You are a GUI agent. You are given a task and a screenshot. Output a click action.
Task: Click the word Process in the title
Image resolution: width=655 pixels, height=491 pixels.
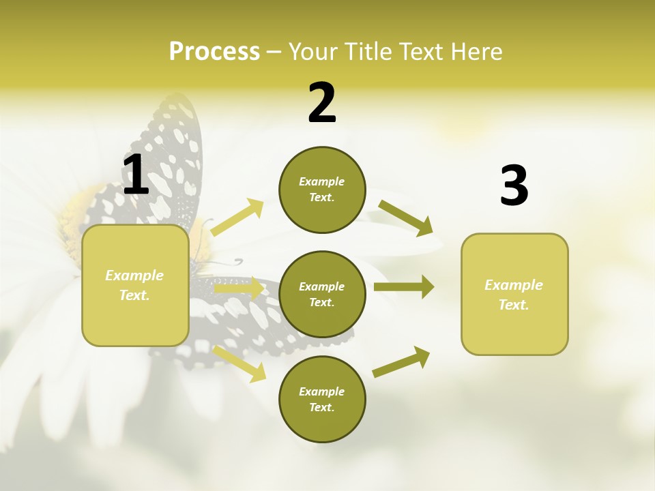(x=214, y=51)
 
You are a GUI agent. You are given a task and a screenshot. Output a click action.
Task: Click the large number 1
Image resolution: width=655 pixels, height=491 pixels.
(x=136, y=175)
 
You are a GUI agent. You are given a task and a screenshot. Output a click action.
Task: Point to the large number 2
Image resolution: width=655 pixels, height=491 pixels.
(x=322, y=104)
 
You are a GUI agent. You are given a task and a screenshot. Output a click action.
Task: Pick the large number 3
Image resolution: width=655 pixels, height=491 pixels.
(x=514, y=186)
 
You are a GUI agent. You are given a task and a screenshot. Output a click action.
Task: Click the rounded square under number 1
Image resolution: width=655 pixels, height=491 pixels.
(x=135, y=285)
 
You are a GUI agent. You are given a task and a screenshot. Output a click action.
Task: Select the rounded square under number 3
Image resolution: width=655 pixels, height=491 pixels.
(x=514, y=294)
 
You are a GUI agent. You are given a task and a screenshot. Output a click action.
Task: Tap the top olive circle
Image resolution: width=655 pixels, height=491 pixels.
(x=322, y=190)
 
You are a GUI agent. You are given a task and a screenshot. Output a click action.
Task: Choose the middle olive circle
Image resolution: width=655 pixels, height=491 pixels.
(x=322, y=294)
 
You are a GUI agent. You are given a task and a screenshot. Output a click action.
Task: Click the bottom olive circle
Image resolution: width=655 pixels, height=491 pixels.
(x=322, y=399)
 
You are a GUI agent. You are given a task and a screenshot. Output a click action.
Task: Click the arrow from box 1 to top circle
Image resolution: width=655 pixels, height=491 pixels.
(x=237, y=218)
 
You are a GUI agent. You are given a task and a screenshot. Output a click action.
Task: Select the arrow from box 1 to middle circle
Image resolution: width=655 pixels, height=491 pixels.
(x=239, y=288)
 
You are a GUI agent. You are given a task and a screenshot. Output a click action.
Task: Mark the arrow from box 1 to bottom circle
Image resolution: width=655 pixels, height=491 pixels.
(x=239, y=363)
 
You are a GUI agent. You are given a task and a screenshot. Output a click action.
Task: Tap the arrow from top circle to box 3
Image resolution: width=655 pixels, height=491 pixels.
(x=405, y=218)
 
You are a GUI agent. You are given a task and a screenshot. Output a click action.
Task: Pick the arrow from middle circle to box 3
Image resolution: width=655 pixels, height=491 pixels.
(x=404, y=287)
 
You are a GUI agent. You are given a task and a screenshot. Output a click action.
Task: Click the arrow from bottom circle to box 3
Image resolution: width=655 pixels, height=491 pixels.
(x=401, y=361)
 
